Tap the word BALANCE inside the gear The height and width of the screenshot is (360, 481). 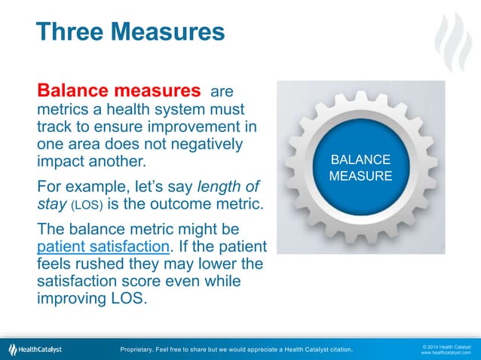click(x=361, y=160)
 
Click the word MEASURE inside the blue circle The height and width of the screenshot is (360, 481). click(x=361, y=176)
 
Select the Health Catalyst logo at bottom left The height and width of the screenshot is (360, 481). click(x=35, y=349)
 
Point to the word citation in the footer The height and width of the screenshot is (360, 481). click(x=338, y=349)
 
